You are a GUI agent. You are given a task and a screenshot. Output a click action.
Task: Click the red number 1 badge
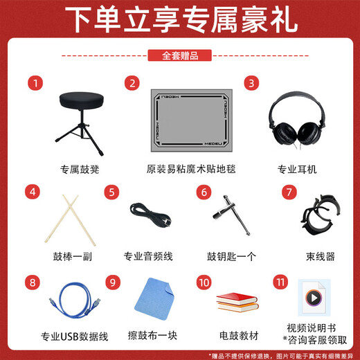[33, 82]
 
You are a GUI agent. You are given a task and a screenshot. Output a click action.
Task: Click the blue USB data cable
[71, 299]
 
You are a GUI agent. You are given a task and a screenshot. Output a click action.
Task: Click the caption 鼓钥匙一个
[229, 255]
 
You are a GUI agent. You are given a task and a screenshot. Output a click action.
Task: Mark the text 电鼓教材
[238, 336]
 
